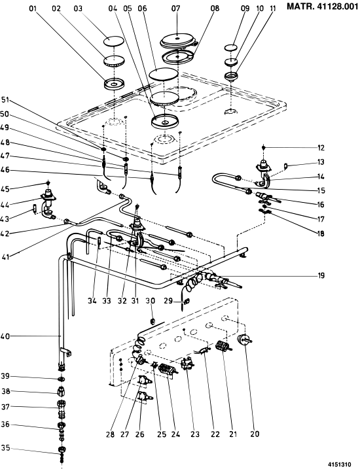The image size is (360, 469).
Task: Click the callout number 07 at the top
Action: coord(176,9)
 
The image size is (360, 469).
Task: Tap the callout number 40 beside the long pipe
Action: coord(5,336)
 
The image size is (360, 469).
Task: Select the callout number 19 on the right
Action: coord(321,275)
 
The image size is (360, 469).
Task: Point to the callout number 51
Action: coord(5,100)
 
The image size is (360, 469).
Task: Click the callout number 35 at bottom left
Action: coord(5,448)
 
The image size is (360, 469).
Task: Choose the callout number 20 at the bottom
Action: coord(255,434)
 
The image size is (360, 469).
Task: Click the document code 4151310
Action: coord(339,464)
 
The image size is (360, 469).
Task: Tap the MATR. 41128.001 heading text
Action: coord(323,7)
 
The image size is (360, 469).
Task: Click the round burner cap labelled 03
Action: coord(113,41)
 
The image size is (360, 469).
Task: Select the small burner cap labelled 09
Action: coord(230,48)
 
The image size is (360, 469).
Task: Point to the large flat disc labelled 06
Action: coord(164,74)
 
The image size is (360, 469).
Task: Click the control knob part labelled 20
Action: coord(245,339)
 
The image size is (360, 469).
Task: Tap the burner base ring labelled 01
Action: coord(114,84)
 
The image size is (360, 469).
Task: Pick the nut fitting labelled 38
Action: coord(62,391)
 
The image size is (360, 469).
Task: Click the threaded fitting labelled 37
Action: coord(62,408)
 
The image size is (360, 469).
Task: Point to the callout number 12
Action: coord(321,148)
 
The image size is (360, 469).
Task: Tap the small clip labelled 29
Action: coord(185,302)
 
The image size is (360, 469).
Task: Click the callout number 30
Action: coord(151,301)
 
